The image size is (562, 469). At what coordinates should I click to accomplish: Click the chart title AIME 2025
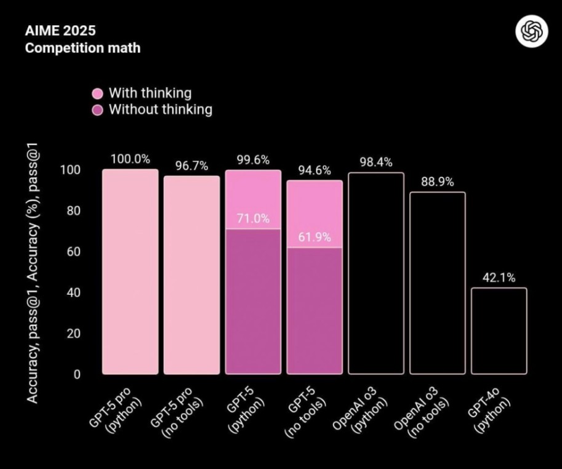pyautogui.click(x=60, y=30)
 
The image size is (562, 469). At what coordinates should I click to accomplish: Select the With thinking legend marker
pyautogui.click(x=97, y=94)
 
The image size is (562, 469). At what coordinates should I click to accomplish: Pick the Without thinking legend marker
pyautogui.click(x=97, y=110)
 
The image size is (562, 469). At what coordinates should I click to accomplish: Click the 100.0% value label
pyautogui.click(x=130, y=159)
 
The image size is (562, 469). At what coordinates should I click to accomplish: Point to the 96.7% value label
pyautogui.click(x=191, y=166)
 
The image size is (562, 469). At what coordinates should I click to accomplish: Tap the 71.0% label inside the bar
pyautogui.click(x=253, y=218)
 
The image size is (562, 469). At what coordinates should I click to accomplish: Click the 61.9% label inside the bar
pyautogui.click(x=315, y=237)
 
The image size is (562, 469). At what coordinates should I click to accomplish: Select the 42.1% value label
pyautogui.click(x=499, y=278)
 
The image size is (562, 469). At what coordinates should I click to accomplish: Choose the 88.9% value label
pyautogui.click(x=437, y=182)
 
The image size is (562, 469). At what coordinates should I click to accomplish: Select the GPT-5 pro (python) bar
pyautogui.click(x=130, y=271)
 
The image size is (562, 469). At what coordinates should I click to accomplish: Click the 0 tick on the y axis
pyautogui.click(x=78, y=374)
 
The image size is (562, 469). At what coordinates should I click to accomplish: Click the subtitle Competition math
pyautogui.click(x=82, y=47)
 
